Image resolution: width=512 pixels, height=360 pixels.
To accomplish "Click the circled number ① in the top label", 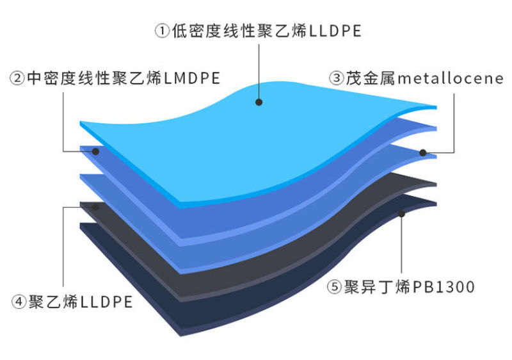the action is (x=162, y=31).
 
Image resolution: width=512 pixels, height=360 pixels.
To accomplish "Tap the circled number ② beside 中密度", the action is (x=17, y=78).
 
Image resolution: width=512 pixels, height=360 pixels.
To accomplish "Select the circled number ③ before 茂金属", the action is (x=337, y=78).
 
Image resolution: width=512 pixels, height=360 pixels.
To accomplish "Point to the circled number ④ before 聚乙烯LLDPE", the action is (x=19, y=302).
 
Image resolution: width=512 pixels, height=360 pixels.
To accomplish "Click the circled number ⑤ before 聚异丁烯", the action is (x=334, y=287).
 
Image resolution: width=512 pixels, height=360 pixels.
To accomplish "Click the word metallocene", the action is (x=451, y=78).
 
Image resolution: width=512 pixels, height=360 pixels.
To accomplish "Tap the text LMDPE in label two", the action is (x=192, y=78).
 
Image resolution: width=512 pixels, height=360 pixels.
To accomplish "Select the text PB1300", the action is (x=444, y=287).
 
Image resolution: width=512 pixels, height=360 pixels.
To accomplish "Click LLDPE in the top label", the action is (x=335, y=31).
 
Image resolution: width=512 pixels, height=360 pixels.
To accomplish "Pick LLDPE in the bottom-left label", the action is (x=106, y=302).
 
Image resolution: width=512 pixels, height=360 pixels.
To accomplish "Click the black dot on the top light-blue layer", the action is (x=259, y=102).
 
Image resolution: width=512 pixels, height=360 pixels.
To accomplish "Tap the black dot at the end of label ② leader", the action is (x=95, y=152).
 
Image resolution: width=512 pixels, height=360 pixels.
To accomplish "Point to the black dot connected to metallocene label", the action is (x=423, y=152).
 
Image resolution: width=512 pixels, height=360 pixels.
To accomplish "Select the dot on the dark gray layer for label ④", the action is (x=95, y=208).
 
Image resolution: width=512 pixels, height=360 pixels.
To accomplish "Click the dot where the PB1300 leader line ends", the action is (x=402, y=214).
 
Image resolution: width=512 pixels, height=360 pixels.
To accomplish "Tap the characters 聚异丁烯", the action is (x=377, y=287).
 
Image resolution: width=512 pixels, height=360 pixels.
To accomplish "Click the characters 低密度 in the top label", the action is (x=196, y=31).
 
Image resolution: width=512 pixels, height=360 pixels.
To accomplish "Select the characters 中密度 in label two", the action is (x=52, y=78).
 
